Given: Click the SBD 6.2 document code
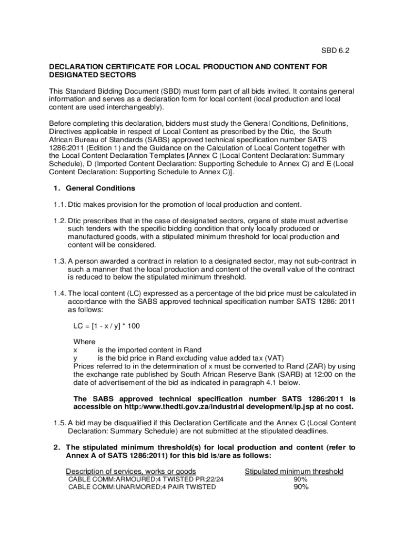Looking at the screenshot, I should coord(335,51).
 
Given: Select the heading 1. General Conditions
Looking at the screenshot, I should coord(94,188).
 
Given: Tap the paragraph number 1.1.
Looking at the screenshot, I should coord(58,204).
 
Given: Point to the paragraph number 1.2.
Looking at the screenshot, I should coord(58,221).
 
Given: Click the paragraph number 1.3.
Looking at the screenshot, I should coord(58,261).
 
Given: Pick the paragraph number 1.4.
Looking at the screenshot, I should coord(58,293).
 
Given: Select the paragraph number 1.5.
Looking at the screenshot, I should coord(58,423).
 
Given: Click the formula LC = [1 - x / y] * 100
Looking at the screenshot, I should coord(107,326).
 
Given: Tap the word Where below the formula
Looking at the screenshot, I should coord(84,342).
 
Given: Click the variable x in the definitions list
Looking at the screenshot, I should coord(75,350).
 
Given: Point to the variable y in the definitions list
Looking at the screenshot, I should coord(75,358).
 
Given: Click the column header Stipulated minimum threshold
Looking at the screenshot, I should coord(294,471).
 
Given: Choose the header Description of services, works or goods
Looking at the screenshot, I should coord(131,471).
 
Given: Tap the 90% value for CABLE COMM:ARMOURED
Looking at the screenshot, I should coord(301,480).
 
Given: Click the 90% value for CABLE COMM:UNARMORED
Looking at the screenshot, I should coord(301,487).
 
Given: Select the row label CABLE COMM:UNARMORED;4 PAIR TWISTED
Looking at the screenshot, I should coord(142,487).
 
